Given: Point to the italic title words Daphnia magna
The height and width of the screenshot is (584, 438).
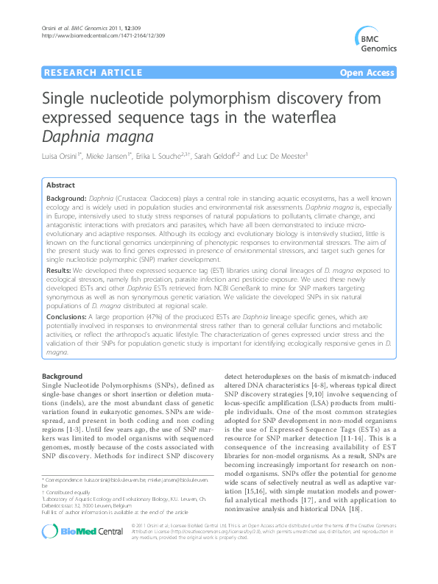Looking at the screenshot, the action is point(95,136).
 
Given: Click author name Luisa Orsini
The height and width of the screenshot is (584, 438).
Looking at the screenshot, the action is point(63,157).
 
